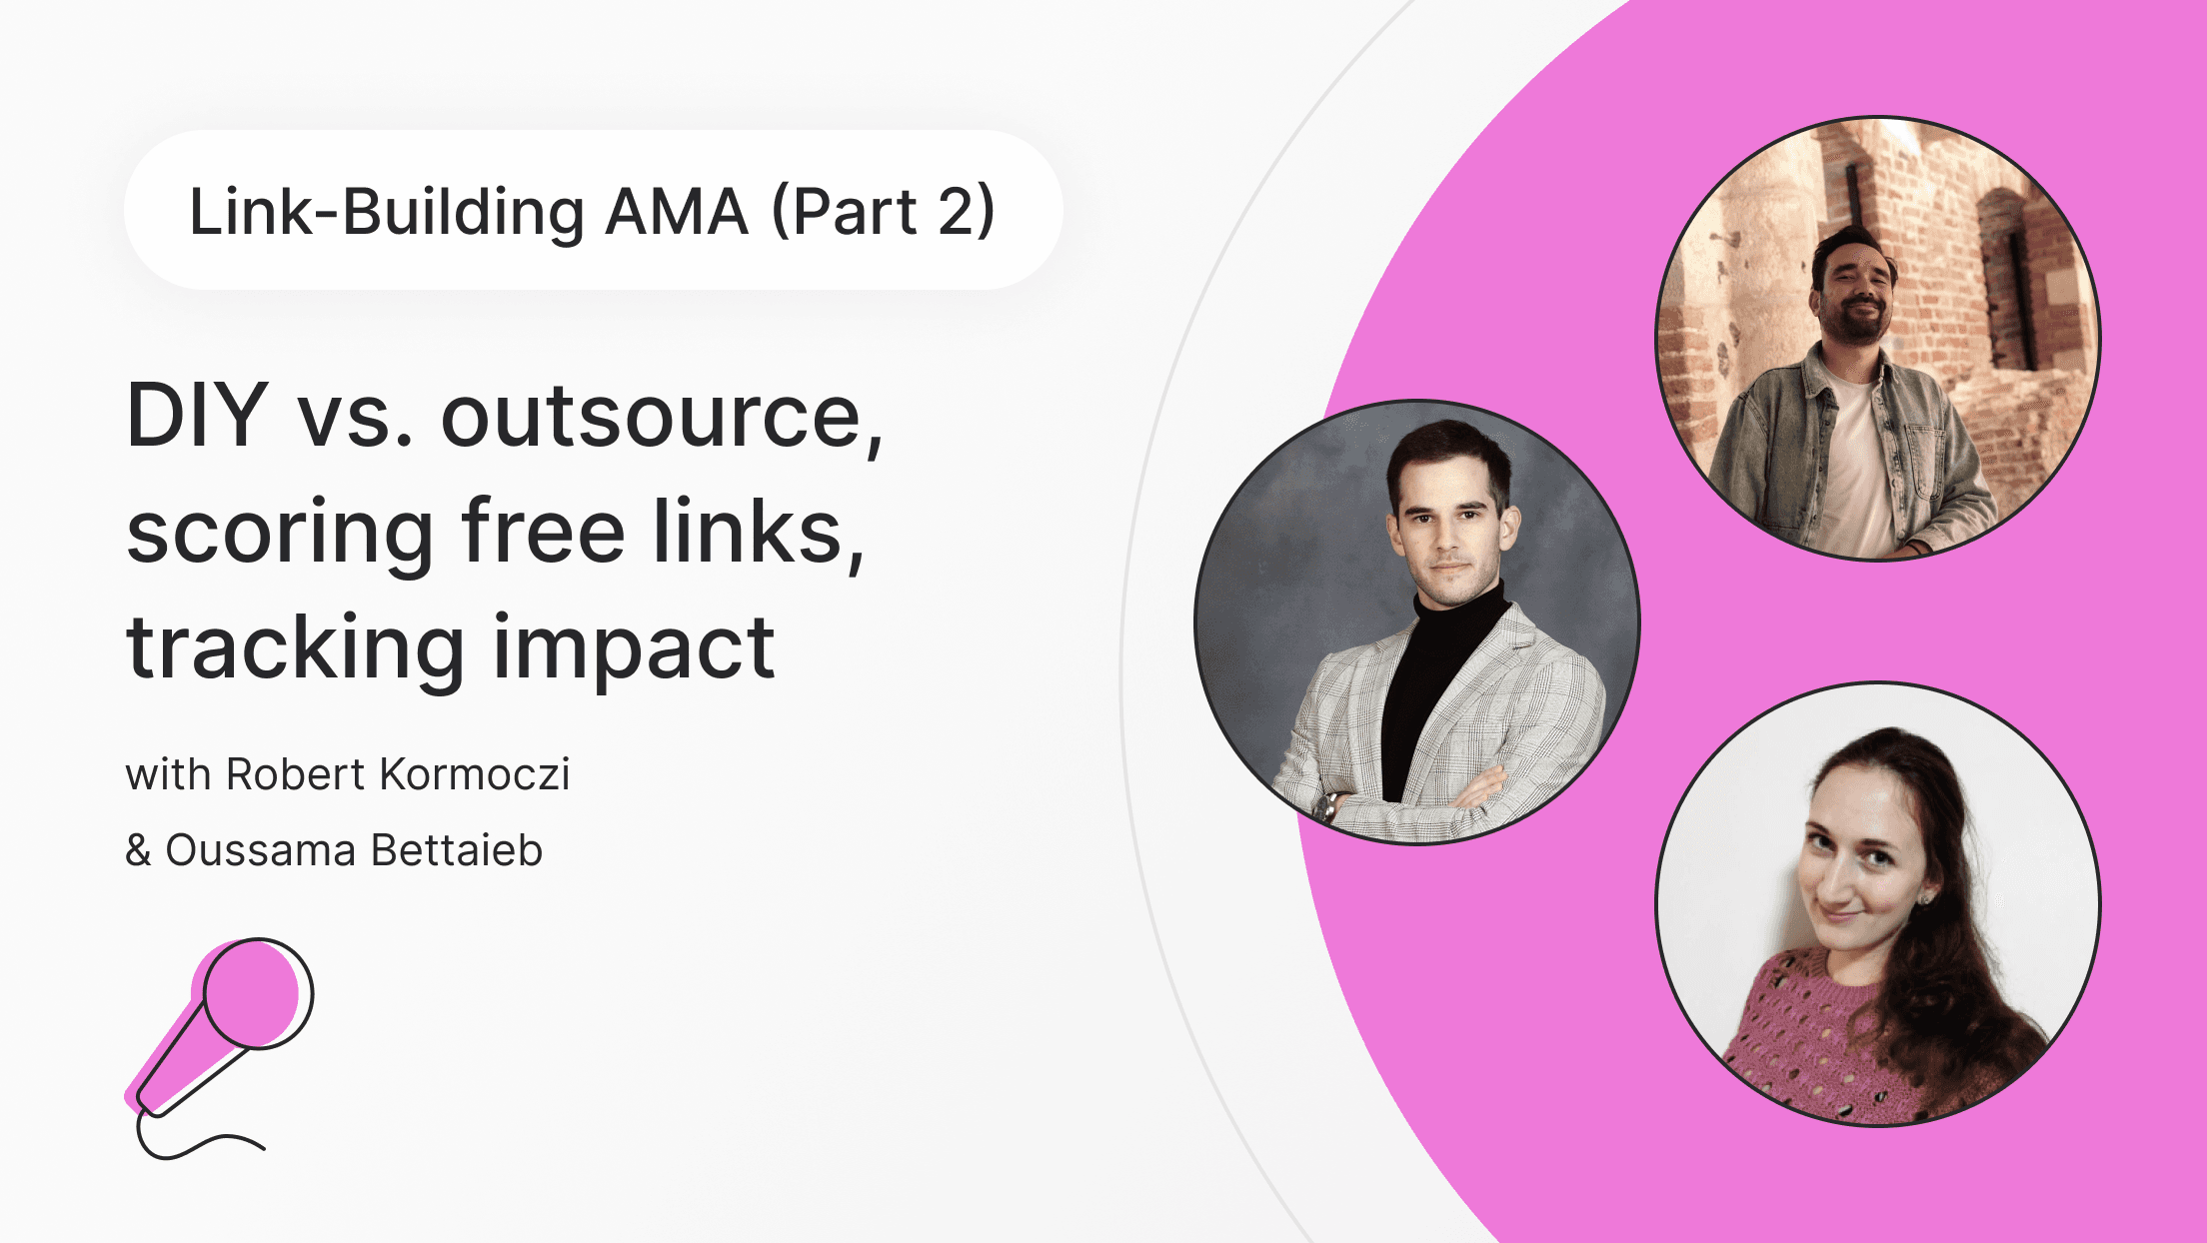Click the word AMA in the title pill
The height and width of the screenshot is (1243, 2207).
(x=677, y=212)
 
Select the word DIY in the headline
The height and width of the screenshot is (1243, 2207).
(x=197, y=416)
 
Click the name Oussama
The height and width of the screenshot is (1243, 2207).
(x=260, y=850)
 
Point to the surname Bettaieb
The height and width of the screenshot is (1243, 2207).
(x=457, y=850)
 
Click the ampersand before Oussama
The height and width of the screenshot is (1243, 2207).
(x=138, y=850)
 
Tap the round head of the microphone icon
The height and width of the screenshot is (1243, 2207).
(x=256, y=992)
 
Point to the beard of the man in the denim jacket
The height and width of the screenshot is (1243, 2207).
(x=1857, y=326)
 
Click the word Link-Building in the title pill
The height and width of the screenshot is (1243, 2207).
(x=387, y=212)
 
